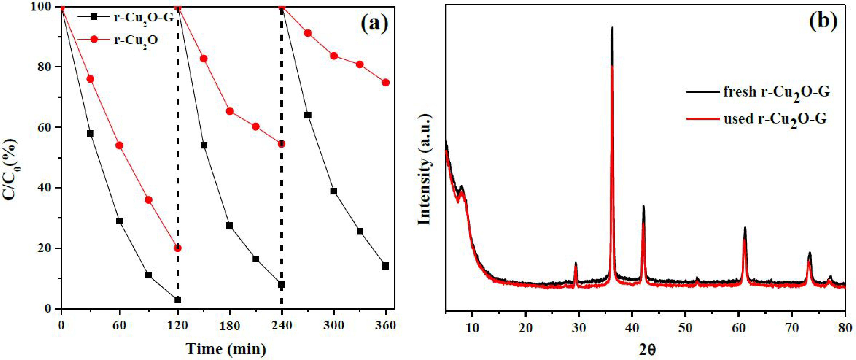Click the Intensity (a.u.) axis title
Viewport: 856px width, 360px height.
425,170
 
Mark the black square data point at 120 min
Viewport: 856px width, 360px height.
177,300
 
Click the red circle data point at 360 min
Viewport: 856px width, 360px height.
385,82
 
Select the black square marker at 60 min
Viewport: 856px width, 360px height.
119,221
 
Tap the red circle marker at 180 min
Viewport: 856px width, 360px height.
230,111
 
